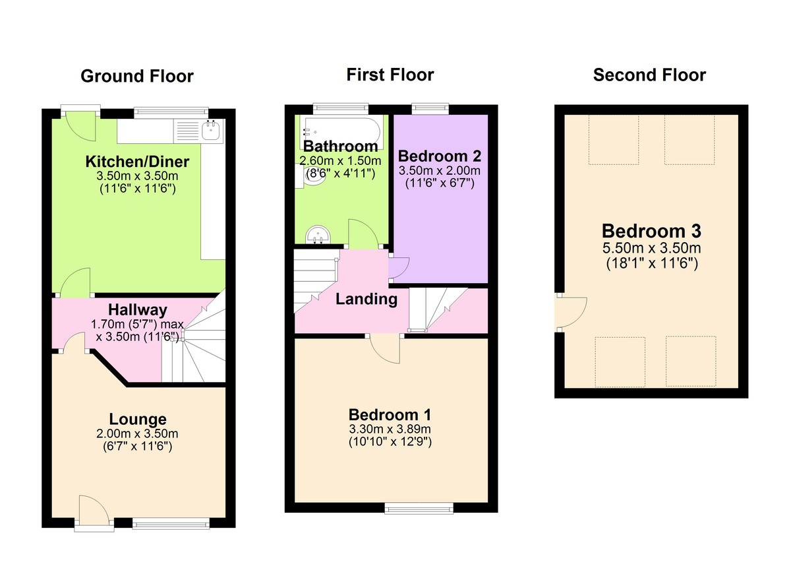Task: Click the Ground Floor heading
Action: (x=137, y=77)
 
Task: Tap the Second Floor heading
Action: (x=649, y=75)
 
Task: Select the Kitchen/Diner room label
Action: (x=137, y=162)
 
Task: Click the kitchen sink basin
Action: (x=212, y=131)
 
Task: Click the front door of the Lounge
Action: (x=93, y=509)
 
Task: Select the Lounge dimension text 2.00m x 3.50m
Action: (x=137, y=433)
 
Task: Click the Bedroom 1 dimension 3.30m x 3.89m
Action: (x=390, y=429)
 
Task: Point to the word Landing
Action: (x=366, y=299)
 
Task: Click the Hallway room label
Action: (x=138, y=309)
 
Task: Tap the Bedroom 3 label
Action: (x=651, y=231)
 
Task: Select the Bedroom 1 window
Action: (x=419, y=508)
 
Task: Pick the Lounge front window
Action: (x=171, y=523)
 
